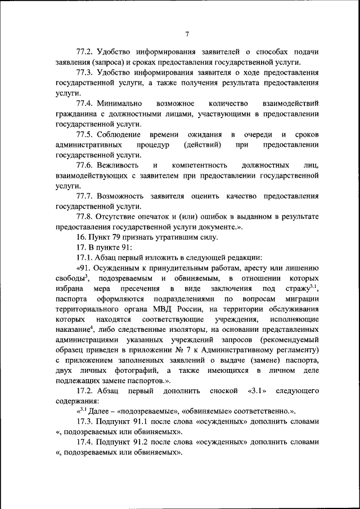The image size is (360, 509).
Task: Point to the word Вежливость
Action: tap(118, 166)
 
